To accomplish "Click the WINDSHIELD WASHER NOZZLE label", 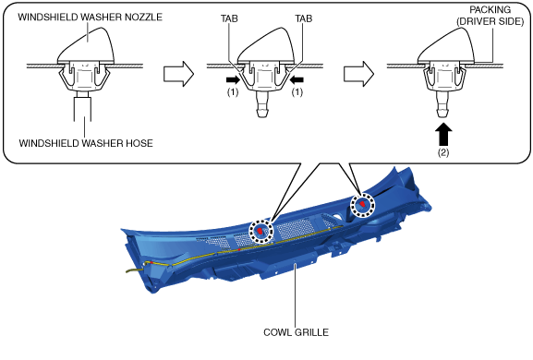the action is (91, 17).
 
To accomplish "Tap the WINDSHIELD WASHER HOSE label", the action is (86, 143).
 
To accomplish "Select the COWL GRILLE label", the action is (297, 332).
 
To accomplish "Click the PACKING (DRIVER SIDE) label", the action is (490, 16).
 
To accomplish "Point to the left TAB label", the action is (229, 18).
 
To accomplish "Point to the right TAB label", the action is (304, 18).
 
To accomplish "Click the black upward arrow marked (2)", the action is (443, 134).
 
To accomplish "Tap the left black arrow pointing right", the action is (233, 79).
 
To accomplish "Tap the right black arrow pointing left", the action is (297, 79).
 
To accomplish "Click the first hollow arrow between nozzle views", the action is (178, 74).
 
